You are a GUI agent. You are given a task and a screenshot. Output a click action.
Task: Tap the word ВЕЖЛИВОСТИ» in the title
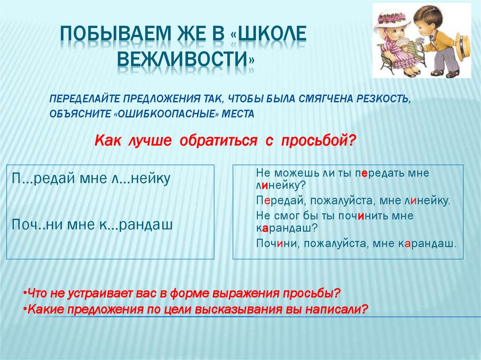click(186, 60)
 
